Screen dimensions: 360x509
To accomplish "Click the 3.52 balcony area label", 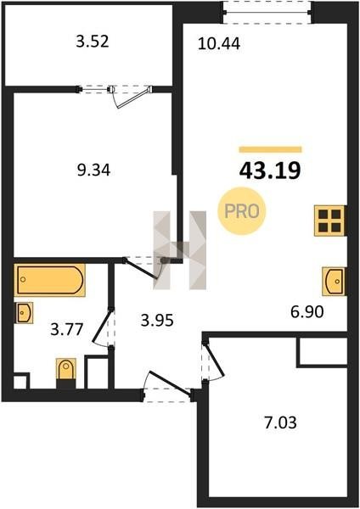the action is pos(93,42).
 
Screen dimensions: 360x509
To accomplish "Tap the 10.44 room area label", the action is pos(219,44).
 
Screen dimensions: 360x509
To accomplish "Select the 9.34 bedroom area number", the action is pos(93,171).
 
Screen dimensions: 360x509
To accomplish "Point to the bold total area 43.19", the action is pos(270,171).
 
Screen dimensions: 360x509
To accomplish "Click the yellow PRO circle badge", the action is pos(242,211).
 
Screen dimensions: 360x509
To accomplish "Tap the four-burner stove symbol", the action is pos(329,221).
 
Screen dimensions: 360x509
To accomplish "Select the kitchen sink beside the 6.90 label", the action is pos(334,281).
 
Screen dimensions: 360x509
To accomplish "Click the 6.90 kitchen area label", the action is pos(307,312).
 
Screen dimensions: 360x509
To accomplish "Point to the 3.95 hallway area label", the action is pos(157,321).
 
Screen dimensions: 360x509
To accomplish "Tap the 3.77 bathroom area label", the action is pos(67,330).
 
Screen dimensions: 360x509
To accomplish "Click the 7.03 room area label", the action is pos(281,423).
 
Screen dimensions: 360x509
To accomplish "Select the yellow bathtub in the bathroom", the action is pos(49,280).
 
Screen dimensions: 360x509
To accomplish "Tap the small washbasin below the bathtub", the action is pos(24,312).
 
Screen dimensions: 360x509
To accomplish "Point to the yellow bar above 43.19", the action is pos(270,149).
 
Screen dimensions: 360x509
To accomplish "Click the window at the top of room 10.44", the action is pos(267,13).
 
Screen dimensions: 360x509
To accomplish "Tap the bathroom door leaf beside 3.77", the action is pos(103,327).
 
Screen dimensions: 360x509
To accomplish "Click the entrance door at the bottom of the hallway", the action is pos(168,385).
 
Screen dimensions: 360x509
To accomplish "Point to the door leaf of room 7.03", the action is pos(214,361).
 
